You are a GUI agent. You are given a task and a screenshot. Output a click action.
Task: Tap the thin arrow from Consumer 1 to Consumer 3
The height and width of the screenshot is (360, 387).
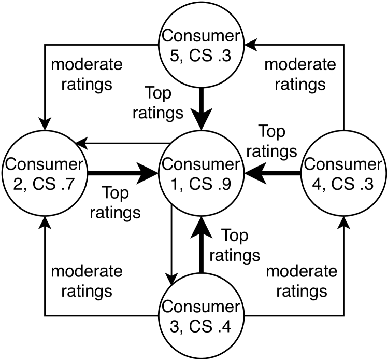coord(171,244)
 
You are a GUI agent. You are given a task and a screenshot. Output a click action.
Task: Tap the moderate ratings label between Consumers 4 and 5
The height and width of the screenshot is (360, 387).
coord(300,74)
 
